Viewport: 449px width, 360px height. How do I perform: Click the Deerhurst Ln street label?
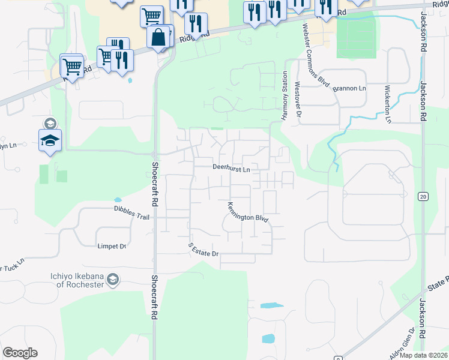231,169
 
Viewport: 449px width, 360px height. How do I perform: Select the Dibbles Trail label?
131,208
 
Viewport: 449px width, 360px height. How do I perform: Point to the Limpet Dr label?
112,246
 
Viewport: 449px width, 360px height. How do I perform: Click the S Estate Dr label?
204,250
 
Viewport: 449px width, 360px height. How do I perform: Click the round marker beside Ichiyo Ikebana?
112,279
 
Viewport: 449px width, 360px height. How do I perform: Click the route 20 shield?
423,196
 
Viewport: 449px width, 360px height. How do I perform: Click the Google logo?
20,353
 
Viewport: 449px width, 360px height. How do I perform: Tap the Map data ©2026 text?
424,355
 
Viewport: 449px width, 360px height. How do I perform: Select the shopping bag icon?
158,37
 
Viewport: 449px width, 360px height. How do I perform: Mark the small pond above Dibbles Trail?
118,200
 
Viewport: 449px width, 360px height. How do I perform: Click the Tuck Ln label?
13,263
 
